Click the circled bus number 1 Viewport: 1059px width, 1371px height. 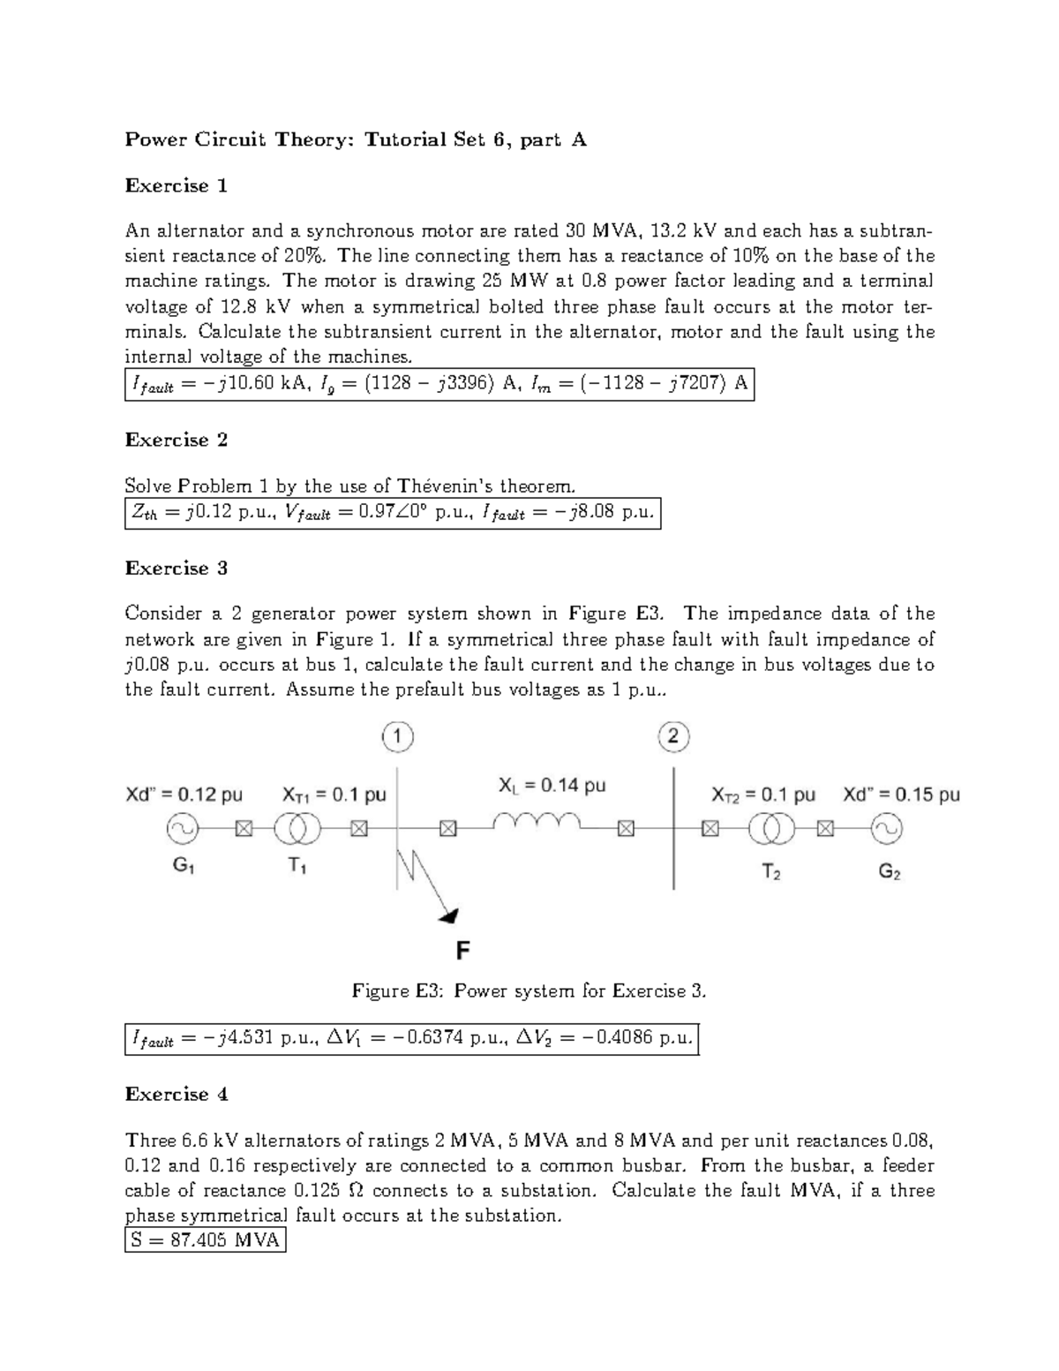coord(397,736)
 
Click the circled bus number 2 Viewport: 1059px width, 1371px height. coord(673,736)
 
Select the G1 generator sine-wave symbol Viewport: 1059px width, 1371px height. coord(183,828)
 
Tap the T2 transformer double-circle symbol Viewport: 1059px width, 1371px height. coord(772,828)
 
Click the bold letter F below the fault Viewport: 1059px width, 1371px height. coord(462,951)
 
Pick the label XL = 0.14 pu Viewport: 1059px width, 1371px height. coord(552,785)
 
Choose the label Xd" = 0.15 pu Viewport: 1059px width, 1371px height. coord(900,795)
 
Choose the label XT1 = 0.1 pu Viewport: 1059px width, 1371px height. coord(334,795)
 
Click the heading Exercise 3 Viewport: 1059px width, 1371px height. coord(176,569)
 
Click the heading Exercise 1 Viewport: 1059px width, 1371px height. coord(176,185)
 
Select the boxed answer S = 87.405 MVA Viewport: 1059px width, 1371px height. coord(206,1240)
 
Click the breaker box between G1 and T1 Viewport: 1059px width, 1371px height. coord(244,828)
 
